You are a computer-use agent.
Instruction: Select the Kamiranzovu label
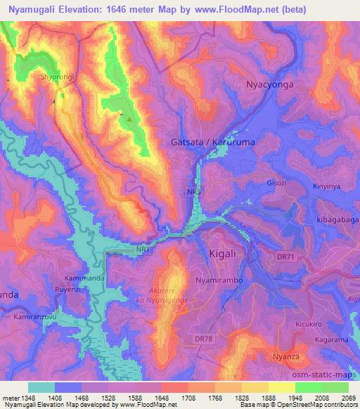tap(34, 318)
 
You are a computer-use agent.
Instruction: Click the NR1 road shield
tap(143, 249)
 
